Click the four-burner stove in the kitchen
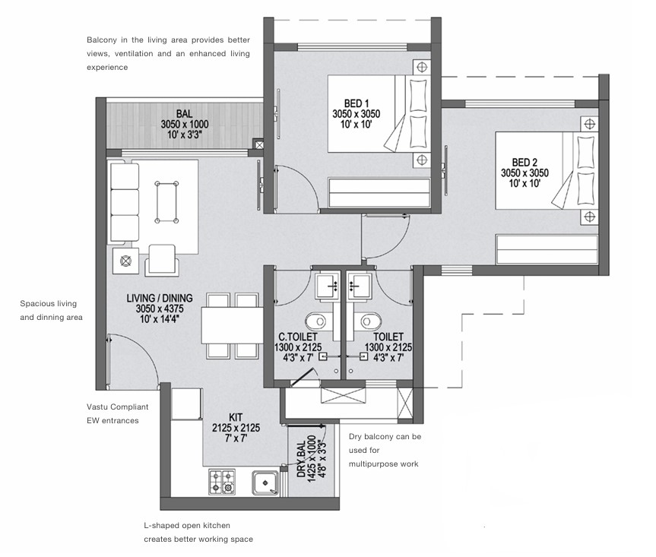pyautogui.click(x=222, y=482)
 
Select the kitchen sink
pyautogui.click(x=265, y=483)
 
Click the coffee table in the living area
pyautogui.click(x=166, y=202)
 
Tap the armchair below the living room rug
pyautogui.click(x=162, y=261)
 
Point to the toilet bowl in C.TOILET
pyautogui.click(x=316, y=321)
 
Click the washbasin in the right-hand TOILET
pyautogui.click(x=359, y=286)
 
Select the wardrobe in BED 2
pyautogui.click(x=547, y=250)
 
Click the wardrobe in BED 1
pyautogui.click(x=379, y=192)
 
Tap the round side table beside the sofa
pyautogui.click(x=125, y=261)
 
